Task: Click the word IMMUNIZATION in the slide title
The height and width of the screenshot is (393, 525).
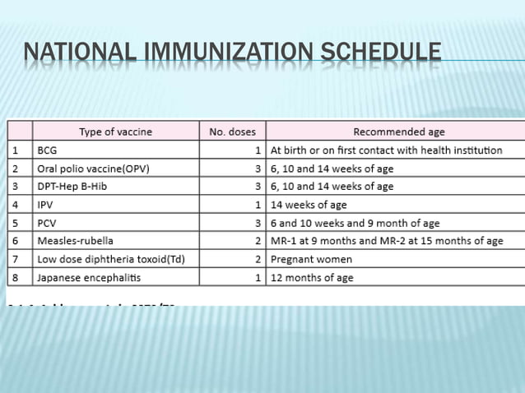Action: tap(221, 56)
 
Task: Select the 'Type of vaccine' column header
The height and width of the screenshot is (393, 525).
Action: tap(115, 132)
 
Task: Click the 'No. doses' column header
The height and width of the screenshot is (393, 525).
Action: tap(233, 132)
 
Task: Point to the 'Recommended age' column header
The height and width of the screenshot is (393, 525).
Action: tap(395, 132)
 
